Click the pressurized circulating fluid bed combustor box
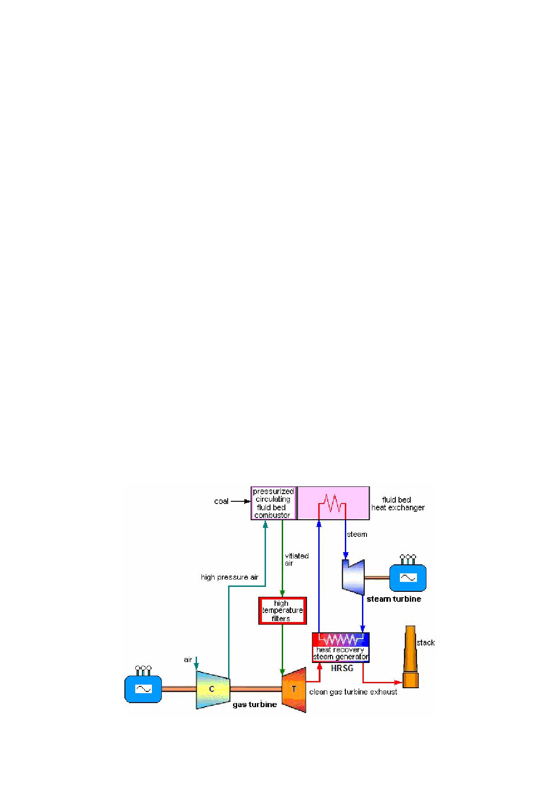(274, 503)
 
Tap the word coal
(221, 501)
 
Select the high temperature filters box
(282, 611)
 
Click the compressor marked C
(213, 689)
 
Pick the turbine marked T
(294, 690)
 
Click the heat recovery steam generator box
(341, 647)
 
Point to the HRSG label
(342, 668)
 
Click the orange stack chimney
(410, 657)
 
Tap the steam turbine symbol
(353, 577)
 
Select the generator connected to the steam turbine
(408, 576)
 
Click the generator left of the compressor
(143, 687)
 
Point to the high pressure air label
(229, 577)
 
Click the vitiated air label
(297, 559)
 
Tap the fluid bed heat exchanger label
(398, 504)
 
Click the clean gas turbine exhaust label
(353, 692)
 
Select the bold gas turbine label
(255, 704)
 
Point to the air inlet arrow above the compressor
(196, 663)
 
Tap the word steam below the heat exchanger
(357, 534)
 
